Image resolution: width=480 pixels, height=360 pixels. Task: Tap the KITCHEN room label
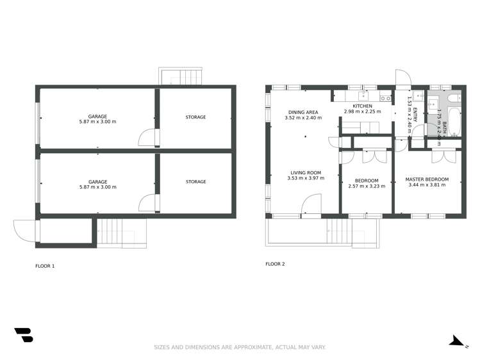pyautogui.click(x=362, y=106)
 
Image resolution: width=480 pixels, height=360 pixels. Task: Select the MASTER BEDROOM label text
pyautogui.click(x=427, y=179)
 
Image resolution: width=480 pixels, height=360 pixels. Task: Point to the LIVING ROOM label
pyautogui.click(x=306, y=172)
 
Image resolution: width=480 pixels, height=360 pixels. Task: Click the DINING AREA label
pyautogui.click(x=302, y=112)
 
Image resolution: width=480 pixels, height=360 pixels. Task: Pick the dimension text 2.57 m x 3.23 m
pyautogui.click(x=367, y=186)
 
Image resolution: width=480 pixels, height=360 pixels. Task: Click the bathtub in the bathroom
pyautogui.click(x=454, y=121)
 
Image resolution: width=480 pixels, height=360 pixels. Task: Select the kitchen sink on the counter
pyautogui.click(x=385, y=98)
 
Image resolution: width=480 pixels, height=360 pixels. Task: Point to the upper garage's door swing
pyautogui.click(x=147, y=136)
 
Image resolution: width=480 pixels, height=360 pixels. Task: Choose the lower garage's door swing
pyautogui.click(x=147, y=202)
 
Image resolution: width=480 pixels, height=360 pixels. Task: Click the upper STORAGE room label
pyautogui.click(x=195, y=117)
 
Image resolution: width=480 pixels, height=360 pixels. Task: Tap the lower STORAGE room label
pyautogui.click(x=195, y=182)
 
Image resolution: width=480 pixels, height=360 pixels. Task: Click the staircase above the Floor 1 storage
pyautogui.click(x=183, y=78)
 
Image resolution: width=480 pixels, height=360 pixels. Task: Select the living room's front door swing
pyautogui.click(x=311, y=205)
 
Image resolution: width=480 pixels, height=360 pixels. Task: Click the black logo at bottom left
pyautogui.click(x=23, y=335)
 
